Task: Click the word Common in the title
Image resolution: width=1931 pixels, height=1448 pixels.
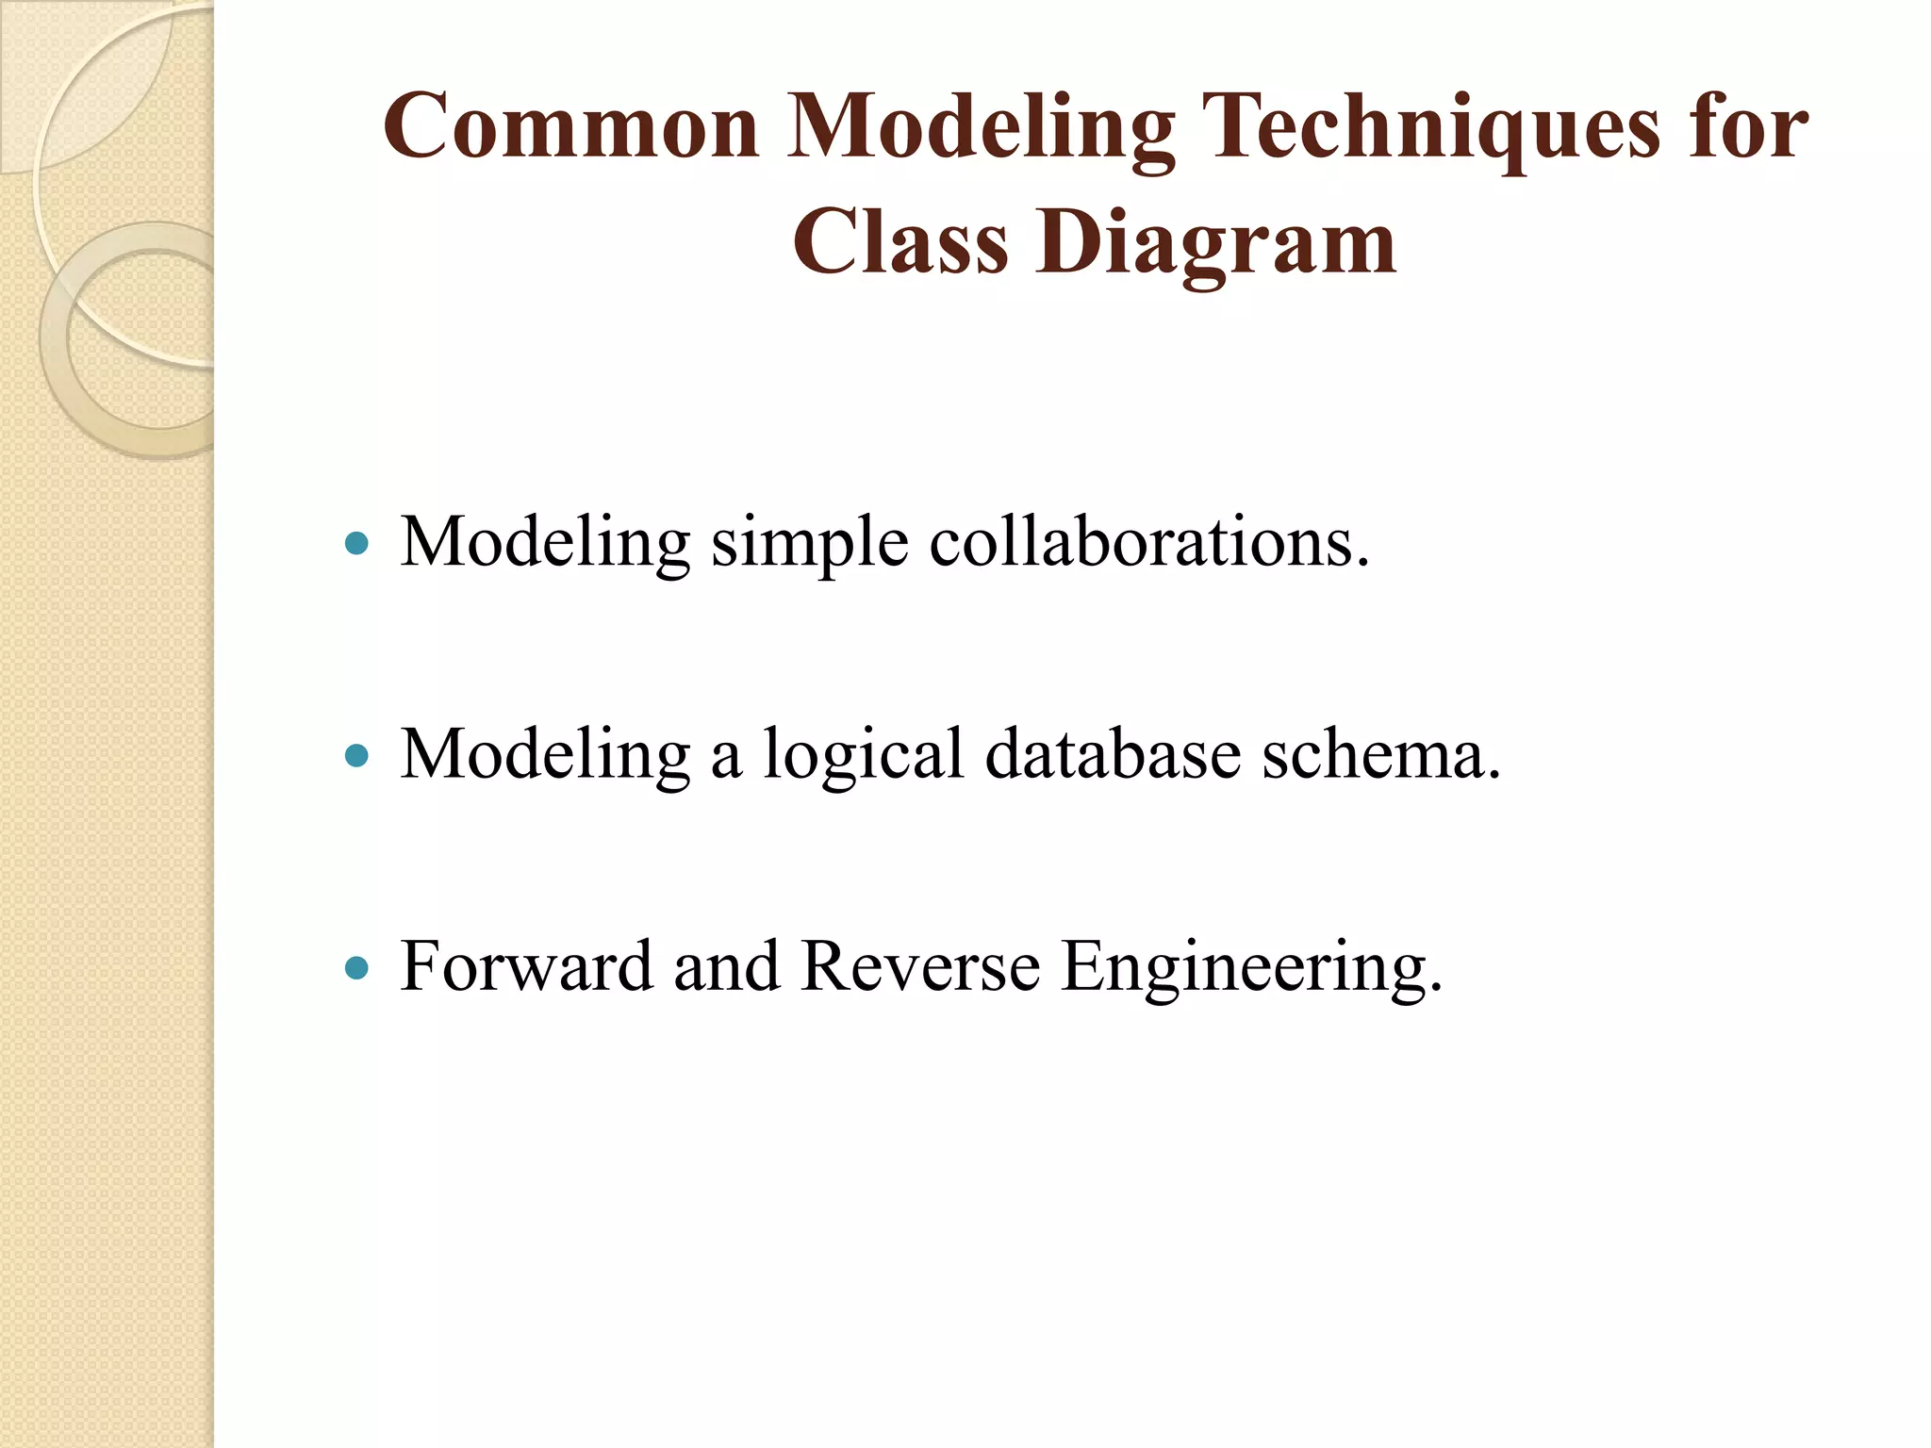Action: pyautogui.click(x=571, y=126)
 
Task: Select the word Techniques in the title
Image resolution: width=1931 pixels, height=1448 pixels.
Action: pyautogui.click(x=1431, y=126)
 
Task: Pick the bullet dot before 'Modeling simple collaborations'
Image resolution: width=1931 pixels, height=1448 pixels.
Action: pyautogui.click(x=356, y=543)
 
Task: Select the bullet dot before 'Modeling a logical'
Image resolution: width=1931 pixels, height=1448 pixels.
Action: pyautogui.click(x=356, y=755)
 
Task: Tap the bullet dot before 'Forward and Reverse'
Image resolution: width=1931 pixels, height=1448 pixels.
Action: pyautogui.click(x=356, y=967)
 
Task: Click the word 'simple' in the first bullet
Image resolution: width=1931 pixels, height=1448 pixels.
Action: pyautogui.click(x=809, y=545)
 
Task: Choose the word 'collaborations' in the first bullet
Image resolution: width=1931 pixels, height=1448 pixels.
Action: pyautogui.click(x=1147, y=543)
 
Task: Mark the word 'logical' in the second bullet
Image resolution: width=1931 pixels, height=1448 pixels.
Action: pyautogui.click(x=863, y=757)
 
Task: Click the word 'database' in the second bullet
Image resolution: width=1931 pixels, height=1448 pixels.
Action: pyautogui.click(x=1113, y=755)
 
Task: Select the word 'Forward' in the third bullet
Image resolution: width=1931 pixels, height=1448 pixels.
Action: pyautogui.click(x=526, y=967)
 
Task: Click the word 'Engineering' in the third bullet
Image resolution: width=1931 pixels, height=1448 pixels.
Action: pyautogui.click(x=1250, y=969)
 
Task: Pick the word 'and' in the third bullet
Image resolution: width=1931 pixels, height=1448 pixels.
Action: pyautogui.click(x=726, y=967)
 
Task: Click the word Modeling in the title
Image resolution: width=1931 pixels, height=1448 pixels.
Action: pyautogui.click(x=981, y=126)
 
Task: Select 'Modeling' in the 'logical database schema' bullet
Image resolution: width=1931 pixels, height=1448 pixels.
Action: pyautogui.click(x=545, y=755)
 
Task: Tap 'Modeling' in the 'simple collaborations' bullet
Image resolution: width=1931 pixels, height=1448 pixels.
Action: pyautogui.click(x=545, y=543)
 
